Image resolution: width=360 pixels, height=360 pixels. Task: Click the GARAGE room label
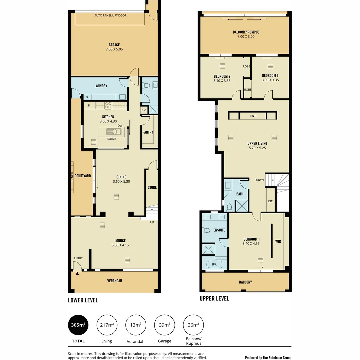coord(114,45)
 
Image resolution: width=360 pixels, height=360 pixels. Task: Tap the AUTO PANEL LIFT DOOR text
coord(110,15)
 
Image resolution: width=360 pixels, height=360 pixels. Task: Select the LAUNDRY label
coord(101,86)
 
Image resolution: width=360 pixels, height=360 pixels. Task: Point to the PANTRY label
coord(148,132)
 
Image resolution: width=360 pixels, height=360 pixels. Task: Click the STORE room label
coord(152,188)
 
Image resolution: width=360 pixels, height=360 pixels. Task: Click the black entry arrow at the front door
coord(77,273)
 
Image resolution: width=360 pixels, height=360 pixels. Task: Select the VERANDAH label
coord(114,281)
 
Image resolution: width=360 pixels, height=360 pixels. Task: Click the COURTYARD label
coord(83,176)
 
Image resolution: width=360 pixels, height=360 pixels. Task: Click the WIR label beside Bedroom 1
coord(278,241)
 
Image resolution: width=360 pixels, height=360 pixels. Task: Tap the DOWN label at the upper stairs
coord(259,180)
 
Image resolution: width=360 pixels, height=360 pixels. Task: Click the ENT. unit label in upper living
coord(253,116)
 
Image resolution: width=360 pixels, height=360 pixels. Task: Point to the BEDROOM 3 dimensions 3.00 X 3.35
coord(270,80)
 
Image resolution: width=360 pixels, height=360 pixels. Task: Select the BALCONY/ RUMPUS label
coord(246,32)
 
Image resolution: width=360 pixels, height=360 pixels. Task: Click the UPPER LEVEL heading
coord(214,299)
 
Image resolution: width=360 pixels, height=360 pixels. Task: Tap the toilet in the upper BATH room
coord(229,207)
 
